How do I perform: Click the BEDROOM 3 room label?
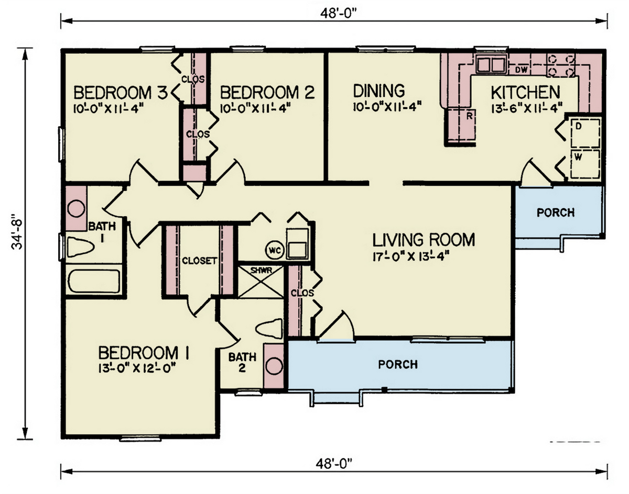120,93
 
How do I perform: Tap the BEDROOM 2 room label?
267,93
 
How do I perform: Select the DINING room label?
378,91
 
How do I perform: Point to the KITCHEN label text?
525,92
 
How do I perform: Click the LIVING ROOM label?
424,240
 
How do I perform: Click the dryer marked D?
584,131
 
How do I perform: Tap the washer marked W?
584,162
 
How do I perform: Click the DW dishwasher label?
520,70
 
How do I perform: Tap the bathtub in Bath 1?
95,282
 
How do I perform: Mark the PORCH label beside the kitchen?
555,212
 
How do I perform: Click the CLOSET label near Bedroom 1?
199,261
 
